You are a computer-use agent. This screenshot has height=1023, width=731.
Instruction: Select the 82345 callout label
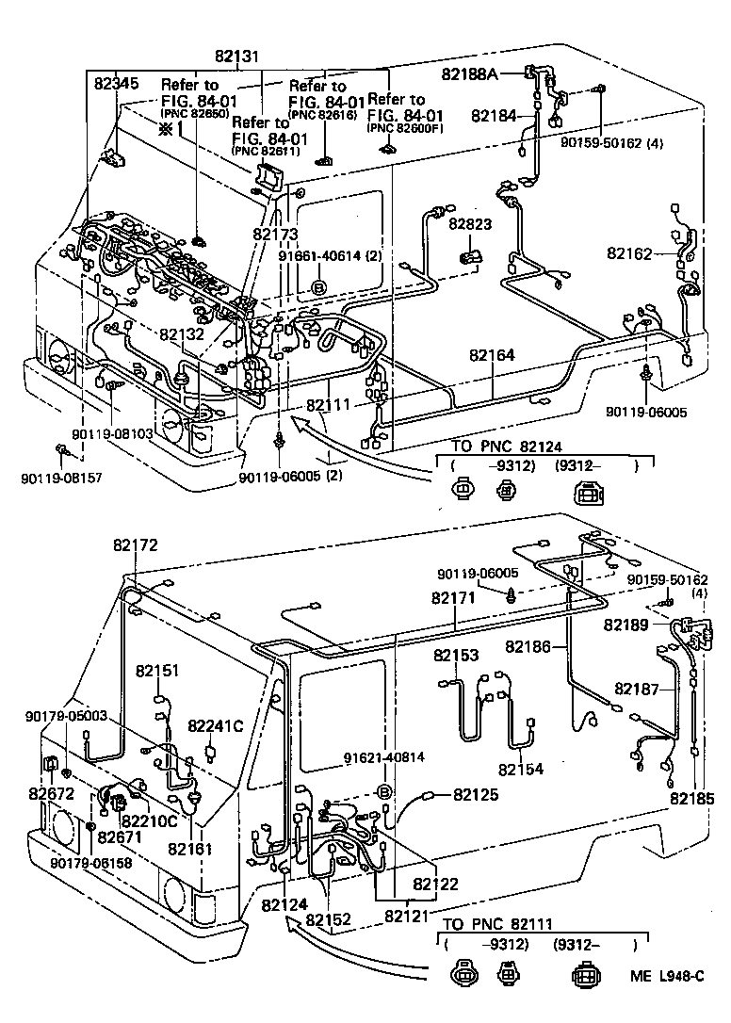(x=116, y=84)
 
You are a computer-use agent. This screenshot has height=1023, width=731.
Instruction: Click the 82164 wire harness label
(x=492, y=355)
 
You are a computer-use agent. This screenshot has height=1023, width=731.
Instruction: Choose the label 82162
(x=629, y=253)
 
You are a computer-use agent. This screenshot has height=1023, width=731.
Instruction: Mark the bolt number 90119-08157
(x=60, y=479)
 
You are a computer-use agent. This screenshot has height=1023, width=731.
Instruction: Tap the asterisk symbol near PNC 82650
(x=166, y=129)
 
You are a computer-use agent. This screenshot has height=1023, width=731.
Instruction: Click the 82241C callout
(x=215, y=725)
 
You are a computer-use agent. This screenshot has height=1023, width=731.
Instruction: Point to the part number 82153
(x=456, y=655)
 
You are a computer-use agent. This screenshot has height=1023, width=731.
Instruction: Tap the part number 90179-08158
(x=91, y=863)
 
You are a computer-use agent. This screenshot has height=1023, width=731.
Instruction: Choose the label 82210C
(x=149, y=820)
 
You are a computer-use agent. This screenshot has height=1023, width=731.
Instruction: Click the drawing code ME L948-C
(x=670, y=976)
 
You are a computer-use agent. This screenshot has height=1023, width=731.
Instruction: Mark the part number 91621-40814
(x=383, y=756)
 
